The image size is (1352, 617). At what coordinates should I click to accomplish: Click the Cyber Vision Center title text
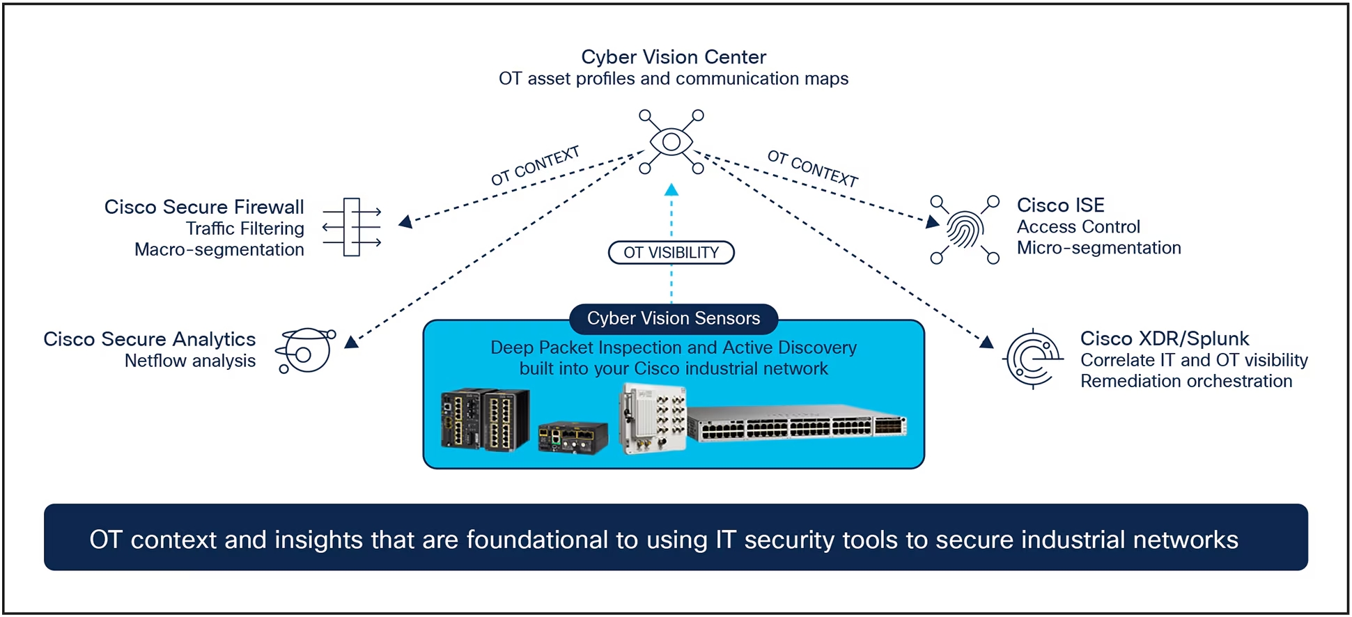click(673, 57)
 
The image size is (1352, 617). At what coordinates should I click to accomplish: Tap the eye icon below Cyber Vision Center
click(671, 142)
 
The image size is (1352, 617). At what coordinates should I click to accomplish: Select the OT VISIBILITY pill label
click(671, 253)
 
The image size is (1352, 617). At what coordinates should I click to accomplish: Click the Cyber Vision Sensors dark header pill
click(673, 318)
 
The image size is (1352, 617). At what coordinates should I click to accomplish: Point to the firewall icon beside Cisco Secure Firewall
click(352, 228)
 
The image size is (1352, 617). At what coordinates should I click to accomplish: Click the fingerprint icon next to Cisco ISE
click(965, 230)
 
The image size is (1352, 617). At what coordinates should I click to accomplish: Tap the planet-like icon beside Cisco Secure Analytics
click(305, 351)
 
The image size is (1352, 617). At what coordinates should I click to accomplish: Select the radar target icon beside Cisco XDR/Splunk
click(1033, 359)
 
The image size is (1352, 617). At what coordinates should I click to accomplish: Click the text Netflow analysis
click(189, 361)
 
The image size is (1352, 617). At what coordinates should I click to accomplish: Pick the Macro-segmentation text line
click(219, 249)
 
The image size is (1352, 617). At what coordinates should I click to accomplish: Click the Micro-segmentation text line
click(1098, 248)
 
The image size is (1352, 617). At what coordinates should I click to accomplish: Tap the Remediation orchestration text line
click(1186, 382)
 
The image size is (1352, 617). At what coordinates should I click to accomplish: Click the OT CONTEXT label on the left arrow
click(535, 166)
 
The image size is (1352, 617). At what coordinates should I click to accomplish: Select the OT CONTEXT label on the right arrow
click(812, 168)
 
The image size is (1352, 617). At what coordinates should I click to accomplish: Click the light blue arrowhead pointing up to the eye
click(671, 190)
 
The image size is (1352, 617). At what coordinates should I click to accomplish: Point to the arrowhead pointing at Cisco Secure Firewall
click(405, 222)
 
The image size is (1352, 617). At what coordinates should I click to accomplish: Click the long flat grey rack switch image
click(797, 424)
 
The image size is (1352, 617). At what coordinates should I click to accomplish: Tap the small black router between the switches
click(573, 438)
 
